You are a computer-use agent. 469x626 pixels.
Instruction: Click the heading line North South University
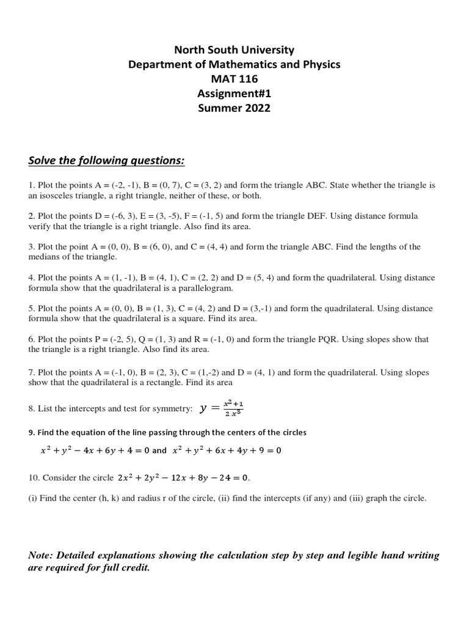point(234,50)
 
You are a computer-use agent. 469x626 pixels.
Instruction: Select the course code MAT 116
point(234,79)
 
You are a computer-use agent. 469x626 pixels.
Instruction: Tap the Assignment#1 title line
point(234,94)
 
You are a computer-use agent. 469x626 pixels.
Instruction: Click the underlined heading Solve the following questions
point(106,160)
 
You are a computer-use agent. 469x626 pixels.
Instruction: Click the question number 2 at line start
point(31,216)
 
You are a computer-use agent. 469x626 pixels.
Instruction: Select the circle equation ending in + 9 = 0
point(227,451)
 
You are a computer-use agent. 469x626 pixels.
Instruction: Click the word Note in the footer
point(41,556)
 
